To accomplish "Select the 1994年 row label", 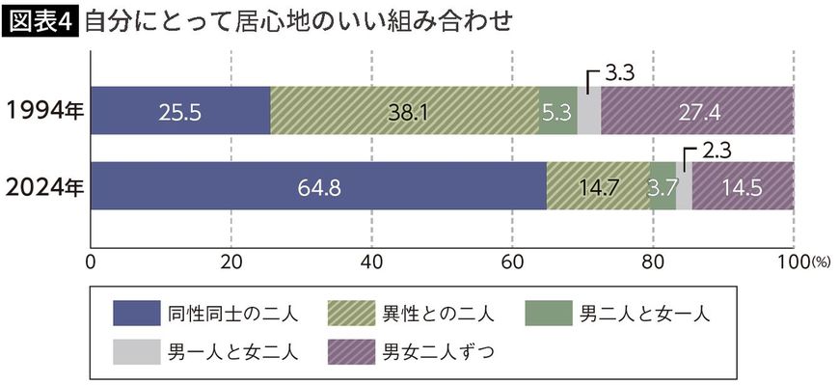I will (44, 111).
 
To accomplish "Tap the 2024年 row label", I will (44, 186).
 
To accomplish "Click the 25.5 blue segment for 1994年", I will (180, 111).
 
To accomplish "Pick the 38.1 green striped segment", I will (404, 111).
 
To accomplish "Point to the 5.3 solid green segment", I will (557, 111).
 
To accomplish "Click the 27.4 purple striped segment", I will (697, 111).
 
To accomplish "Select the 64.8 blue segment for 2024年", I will (318, 186).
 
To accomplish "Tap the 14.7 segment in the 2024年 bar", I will (598, 186).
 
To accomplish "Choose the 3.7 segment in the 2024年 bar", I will (663, 186).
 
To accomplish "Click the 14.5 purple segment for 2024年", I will (743, 186).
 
